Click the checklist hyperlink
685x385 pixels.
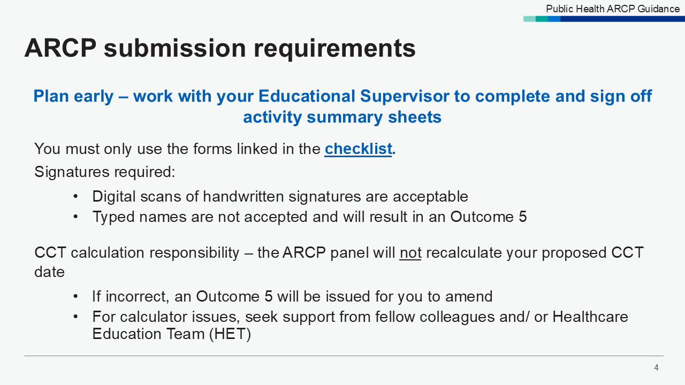(358, 149)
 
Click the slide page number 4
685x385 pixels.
(656, 367)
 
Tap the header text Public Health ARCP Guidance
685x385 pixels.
(613, 9)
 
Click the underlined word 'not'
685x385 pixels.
(410, 252)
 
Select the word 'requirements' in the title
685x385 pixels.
(334, 48)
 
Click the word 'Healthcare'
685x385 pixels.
(590, 317)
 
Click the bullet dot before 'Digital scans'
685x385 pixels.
(76, 197)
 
